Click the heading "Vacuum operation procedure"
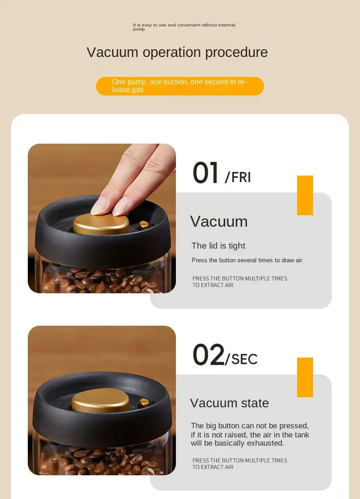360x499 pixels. [177, 52]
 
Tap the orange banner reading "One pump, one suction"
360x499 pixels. [180, 86]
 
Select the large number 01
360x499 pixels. [206, 172]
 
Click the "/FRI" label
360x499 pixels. [238, 177]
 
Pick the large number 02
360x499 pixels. [209, 354]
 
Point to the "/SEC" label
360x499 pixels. [242, 359]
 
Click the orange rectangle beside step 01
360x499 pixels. [305, 195]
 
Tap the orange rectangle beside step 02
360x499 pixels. [305, 377]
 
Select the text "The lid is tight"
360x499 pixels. [218, 246]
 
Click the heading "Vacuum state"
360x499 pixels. [229, 403]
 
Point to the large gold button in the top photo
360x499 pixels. [101, 224]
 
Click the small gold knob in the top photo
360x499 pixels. [144, 225]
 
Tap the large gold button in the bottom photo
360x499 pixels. [101, 400]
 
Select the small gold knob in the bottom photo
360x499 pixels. [144, 403]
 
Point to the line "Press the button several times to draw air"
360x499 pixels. [247, 260]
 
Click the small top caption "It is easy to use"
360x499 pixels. [184, 27]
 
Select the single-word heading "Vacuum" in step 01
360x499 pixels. [219, 222]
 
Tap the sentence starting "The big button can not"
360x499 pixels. [250, 434]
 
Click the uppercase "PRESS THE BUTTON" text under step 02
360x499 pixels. [240, 464]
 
